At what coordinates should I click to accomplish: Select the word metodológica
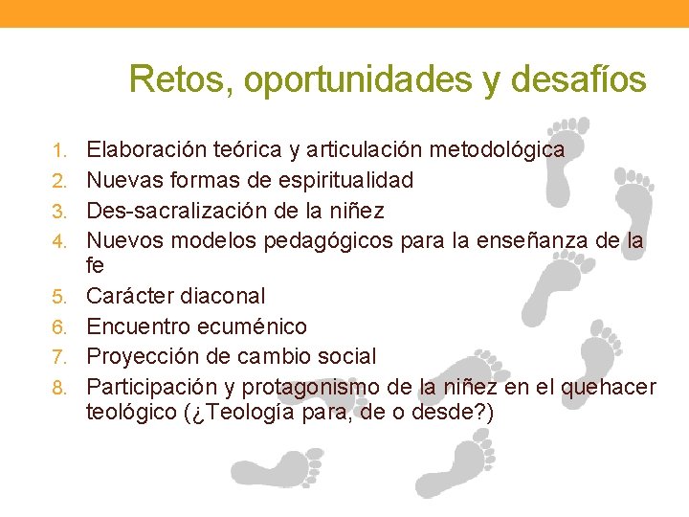click(497, 149)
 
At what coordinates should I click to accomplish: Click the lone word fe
click(96, 264)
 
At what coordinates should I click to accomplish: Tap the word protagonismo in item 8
click(317, 386)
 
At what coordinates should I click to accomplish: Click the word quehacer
click(609, 386)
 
